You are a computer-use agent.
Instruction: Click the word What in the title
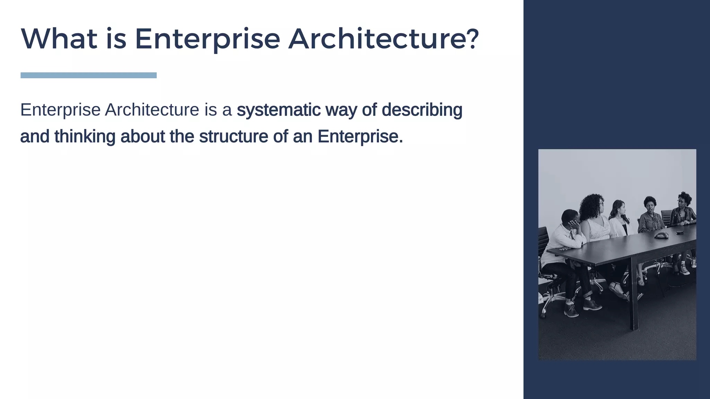59,39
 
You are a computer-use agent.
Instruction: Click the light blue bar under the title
88,75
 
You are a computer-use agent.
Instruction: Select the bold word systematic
278,110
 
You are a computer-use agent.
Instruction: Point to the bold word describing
422,110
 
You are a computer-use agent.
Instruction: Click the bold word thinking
85,136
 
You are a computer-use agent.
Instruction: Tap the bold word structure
233,136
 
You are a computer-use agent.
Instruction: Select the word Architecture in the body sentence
152,110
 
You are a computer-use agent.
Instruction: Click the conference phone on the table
661,236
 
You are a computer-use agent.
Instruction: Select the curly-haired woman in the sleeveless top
595,222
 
